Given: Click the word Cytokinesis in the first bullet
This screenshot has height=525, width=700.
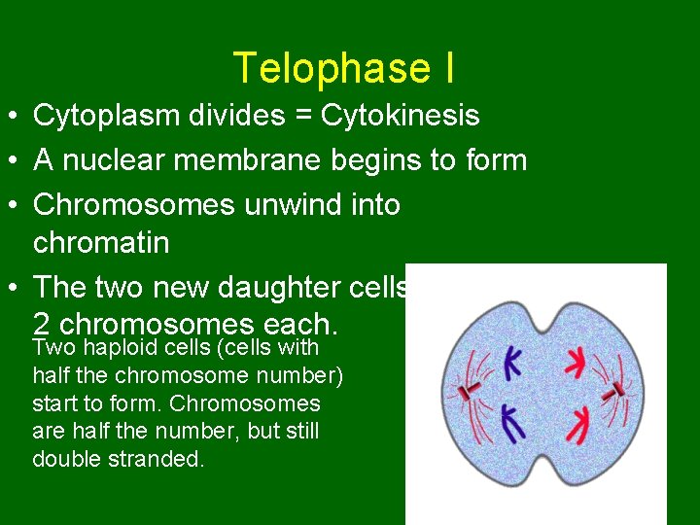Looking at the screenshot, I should [400, 116].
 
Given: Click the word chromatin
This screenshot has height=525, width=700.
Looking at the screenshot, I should [101, 242].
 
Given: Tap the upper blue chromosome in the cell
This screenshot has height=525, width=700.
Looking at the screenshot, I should [512, 364].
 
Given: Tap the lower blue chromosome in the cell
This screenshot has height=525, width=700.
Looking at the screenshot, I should [512, 422].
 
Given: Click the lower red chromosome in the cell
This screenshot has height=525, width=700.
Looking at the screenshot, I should [580, 422].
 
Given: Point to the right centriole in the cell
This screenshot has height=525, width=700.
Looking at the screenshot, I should [615, 391].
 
